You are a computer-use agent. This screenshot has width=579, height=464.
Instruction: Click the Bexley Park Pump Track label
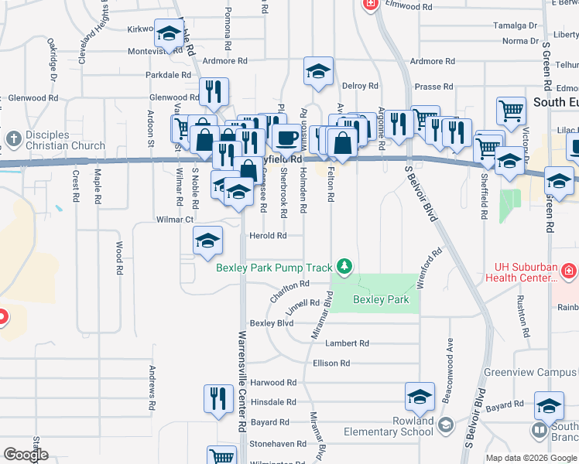click(274, 268)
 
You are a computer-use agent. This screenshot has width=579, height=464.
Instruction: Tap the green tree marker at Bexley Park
click(344, 267)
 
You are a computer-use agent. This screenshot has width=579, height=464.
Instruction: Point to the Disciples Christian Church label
click(65, 140)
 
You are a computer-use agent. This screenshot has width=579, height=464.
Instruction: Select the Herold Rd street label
click(268, 236)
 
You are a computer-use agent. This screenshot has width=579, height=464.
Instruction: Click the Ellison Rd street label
click(331, 363)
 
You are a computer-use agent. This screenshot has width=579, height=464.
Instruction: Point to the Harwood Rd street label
click(272, 383)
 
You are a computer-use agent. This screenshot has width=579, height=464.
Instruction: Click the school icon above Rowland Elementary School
click(420, 397)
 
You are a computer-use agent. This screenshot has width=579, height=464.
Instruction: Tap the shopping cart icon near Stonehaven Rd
click(222, 456)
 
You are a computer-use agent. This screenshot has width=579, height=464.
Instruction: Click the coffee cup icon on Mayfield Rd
click(286, 138)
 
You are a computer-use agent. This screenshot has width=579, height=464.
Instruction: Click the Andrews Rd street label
click(153, 388)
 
